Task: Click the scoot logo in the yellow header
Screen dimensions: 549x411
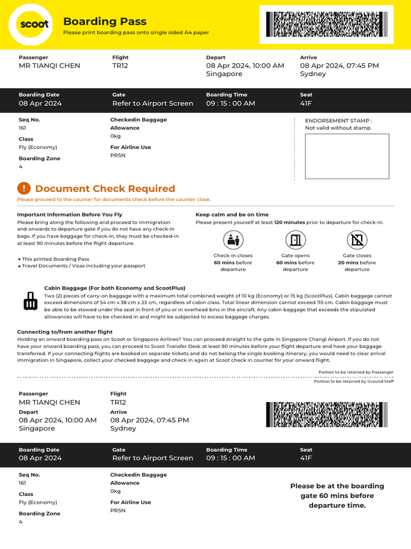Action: [31, 24]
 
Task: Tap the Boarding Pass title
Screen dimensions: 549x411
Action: [104, 21]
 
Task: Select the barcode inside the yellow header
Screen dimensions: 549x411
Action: [326, 24]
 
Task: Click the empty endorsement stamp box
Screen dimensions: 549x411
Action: [347, 156]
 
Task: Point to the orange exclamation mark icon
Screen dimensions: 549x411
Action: [24, 188]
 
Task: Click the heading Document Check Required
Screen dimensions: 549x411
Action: [105, 189]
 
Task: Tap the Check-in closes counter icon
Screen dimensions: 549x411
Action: [233, 240]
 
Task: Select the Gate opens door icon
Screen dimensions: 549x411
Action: [295, 240]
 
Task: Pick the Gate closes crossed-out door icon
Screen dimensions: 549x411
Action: [357, 240]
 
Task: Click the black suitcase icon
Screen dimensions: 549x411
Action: [31, 302]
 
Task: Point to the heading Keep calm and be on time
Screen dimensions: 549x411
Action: [232, 214]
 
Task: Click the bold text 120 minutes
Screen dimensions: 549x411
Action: [290, 222]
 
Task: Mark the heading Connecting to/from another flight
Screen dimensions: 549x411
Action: [65, 332]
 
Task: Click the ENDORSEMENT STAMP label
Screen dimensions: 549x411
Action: [338, 121]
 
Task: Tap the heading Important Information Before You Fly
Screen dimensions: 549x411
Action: [70, 214]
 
